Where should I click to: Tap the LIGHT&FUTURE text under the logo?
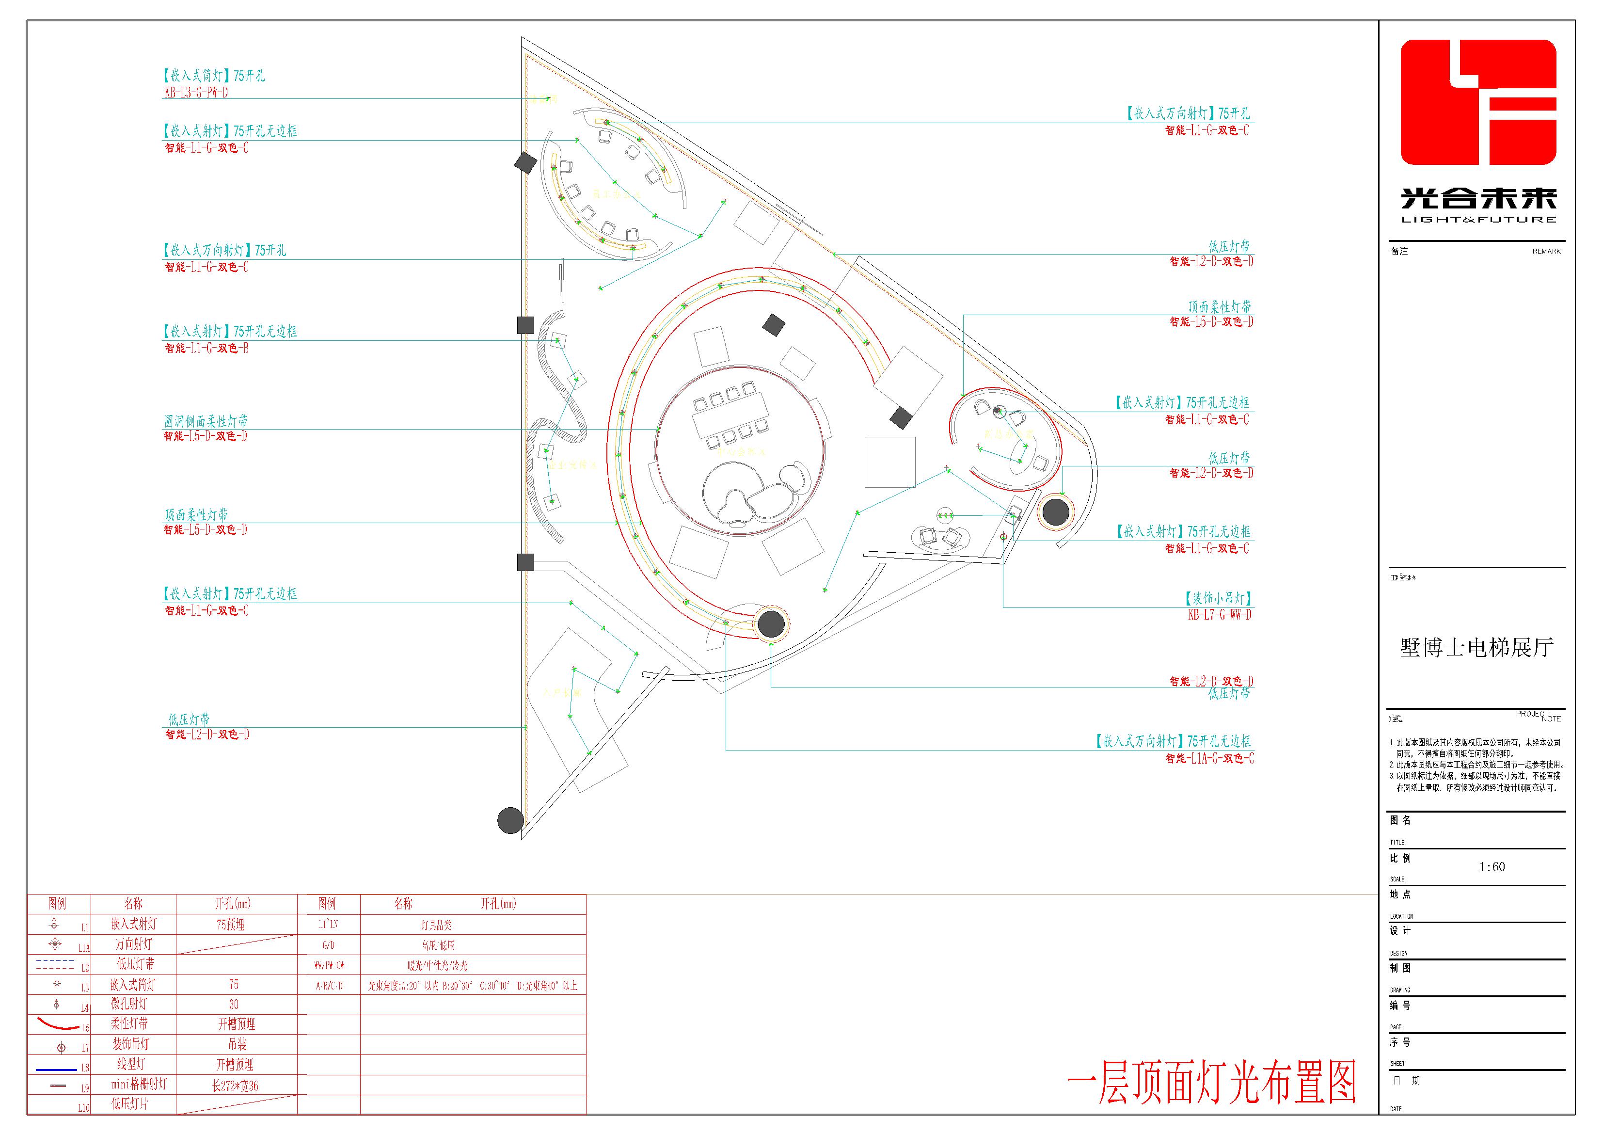tap(1479, 219)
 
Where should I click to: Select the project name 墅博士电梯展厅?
tap(1476, 647)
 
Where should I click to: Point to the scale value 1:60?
tap(1492, 866)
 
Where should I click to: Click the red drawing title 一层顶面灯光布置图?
tap(1211, 1082)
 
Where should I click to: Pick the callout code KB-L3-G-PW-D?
tap(196, 92)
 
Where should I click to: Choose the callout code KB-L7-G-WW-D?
tap(1219, 615)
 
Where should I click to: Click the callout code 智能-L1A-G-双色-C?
tap(1209, 758)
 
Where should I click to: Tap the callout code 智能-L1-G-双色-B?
tap(206, 348)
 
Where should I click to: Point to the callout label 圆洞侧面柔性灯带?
tap(206, 421)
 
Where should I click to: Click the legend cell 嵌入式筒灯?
tap(133, 985)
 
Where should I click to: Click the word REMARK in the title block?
tap(1546, 251)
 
